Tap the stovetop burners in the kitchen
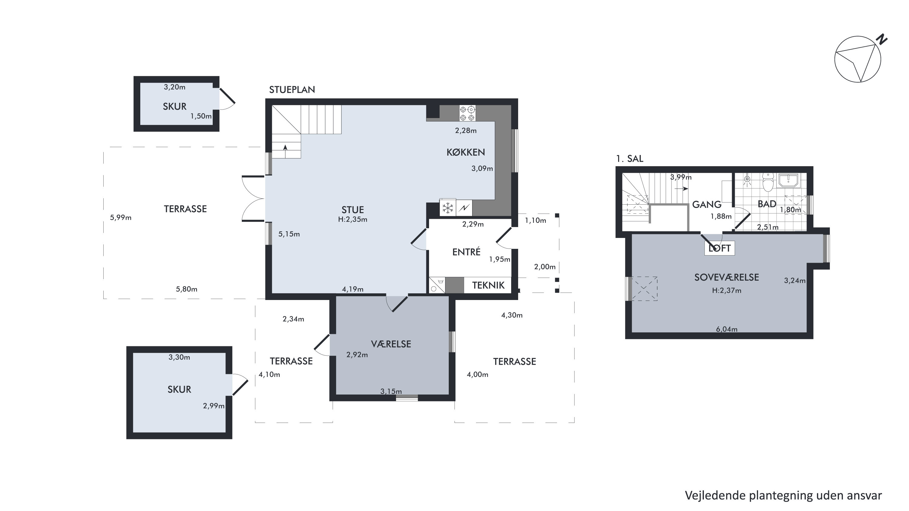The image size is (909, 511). [x=467, y=113]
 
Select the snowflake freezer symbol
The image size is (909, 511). [x=448, y=208]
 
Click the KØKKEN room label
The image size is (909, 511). [x=466, y=152]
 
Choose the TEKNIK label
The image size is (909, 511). [x=488, y=285]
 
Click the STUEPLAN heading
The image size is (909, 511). [x=292, y=90]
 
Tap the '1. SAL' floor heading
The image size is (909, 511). [x=630, y=159]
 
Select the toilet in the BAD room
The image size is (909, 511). [x=768, y=182]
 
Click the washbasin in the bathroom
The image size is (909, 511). [x=788, y=180]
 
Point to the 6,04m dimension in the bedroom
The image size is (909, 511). [x=727, y=329]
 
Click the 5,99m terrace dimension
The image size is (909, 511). [x=121, y=218]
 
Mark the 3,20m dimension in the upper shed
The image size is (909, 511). [x=174, y=87]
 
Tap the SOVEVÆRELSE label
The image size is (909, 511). [x=727, y=278]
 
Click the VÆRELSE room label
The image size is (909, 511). [x=391, y=344]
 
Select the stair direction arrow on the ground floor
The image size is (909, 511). [x=285, y=152]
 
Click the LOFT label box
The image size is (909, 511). [x=720, y=248]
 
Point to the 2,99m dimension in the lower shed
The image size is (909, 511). [x=214, y=406]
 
